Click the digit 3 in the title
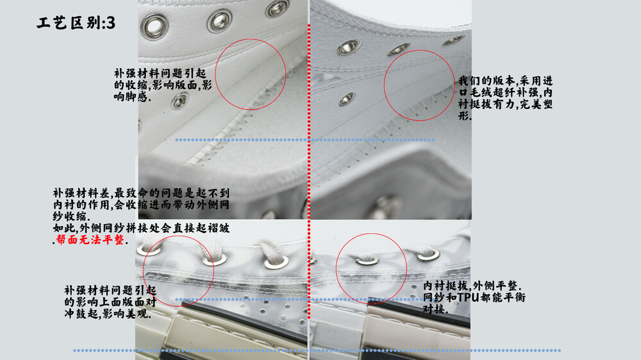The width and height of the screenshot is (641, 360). tap(110, 23)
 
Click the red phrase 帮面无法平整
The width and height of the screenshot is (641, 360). tap(90, 240)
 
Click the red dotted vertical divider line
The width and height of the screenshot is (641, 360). tap(309, 172)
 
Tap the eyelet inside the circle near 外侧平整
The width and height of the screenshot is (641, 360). tap(367, 259)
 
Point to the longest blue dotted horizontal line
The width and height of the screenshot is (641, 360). tap(317, 350)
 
